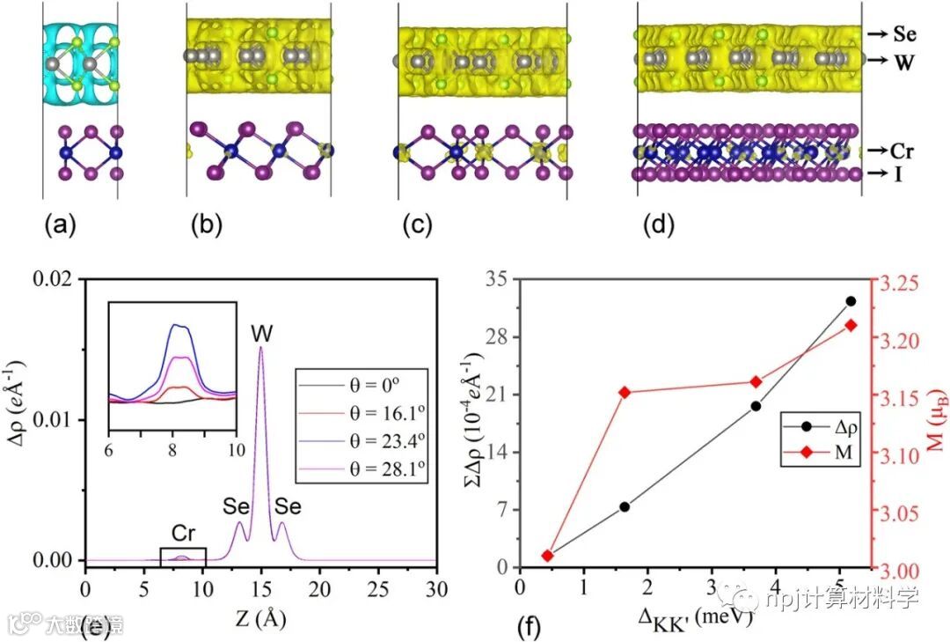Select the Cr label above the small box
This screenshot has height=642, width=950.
point(183,534)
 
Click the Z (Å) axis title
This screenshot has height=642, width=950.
point(260,617)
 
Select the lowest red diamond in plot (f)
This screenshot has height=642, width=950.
point(547,556)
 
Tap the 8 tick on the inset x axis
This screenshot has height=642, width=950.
point(172,446)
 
